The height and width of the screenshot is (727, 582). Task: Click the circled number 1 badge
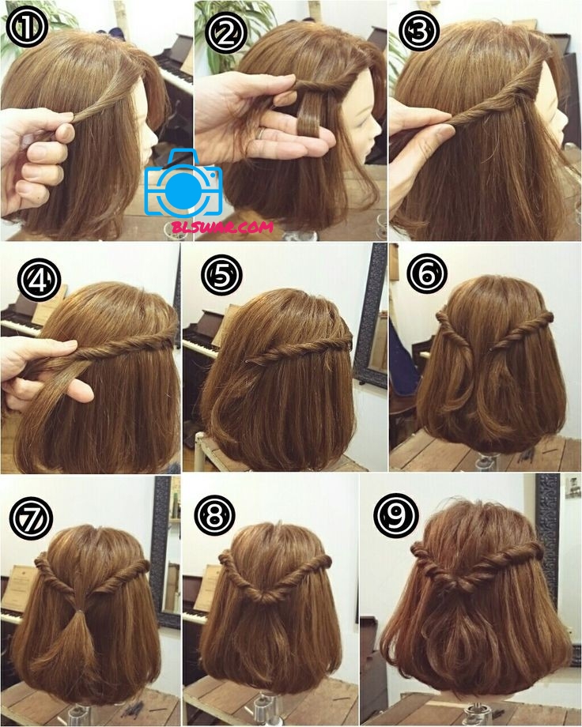click(27, 26)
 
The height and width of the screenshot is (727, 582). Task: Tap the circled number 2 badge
click(225, 32)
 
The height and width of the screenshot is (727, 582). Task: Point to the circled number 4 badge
click(40, 279)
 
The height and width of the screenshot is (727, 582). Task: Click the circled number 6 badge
click(427, 273)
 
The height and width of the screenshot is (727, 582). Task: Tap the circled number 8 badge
click(214, 515)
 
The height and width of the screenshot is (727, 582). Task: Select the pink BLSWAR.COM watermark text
click(222, 228)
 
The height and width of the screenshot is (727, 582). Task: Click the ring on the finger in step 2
click(261, 133)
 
